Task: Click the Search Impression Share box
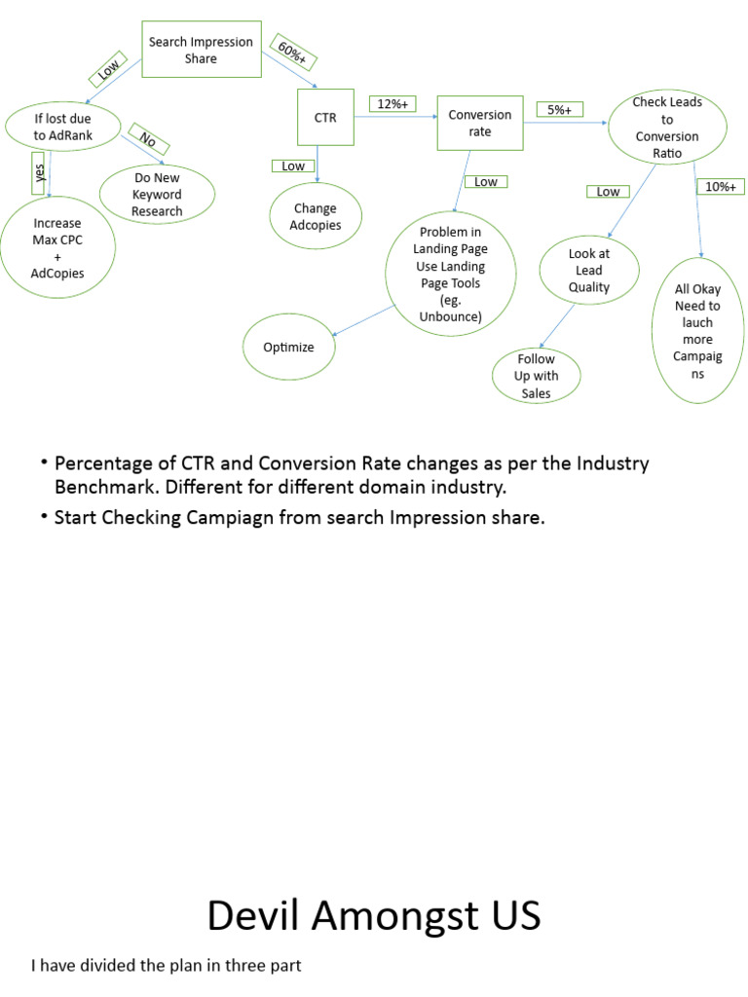click(201, 50)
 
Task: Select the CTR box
click(324, 119)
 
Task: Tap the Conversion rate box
click(479, 123)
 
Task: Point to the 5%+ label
click(558, 110)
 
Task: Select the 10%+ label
click(721, 186)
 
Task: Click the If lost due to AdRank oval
click(63, 128)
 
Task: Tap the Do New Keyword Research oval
click(157, 195)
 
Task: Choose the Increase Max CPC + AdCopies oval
click(56, 248)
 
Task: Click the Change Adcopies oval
click(315, 217)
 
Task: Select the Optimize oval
click(288, 347)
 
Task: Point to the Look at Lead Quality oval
click(588, 271)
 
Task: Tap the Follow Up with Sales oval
click(536, 376)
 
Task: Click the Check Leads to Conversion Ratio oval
click(667, 128)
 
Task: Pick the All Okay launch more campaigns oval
click(697, 331)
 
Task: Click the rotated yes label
click(40, 173)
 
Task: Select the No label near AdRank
click(147, 140)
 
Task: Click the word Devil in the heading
click(254, 915)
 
